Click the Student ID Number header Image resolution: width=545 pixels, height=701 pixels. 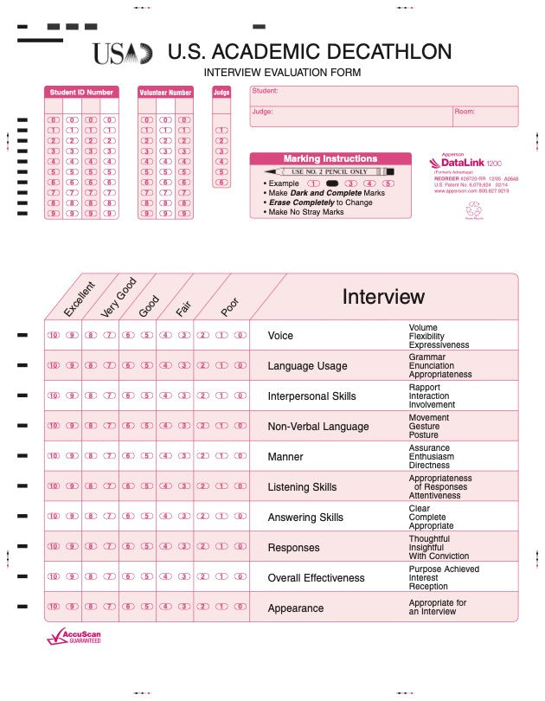(x=81, y=92)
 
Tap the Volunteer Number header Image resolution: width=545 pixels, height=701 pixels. (x=164, y=92)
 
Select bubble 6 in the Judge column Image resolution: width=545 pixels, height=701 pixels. (x=221, y=183)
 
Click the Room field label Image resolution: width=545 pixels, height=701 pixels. (x=465, y=112)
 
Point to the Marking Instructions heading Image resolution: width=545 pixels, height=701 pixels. (x=330, y=159)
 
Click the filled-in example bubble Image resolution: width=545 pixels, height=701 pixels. (x=331, y=183)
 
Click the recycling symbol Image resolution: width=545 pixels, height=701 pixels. (x=473, y=209)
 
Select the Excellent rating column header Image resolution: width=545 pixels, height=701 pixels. (x=79, y=299)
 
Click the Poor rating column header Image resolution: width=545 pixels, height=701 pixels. (x=229, y=306)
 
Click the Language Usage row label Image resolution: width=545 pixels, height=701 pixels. (x=307, y=366)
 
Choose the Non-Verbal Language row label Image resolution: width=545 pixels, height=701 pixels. (x=317, y=427)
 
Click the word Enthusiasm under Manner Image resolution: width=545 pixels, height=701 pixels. (x=431, y=457)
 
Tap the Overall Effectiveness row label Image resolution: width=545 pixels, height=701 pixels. (x=316, y=578)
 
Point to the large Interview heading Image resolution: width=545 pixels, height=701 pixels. (x=383, y=297)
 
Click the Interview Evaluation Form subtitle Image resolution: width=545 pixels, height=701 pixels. (x=282, y=73)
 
